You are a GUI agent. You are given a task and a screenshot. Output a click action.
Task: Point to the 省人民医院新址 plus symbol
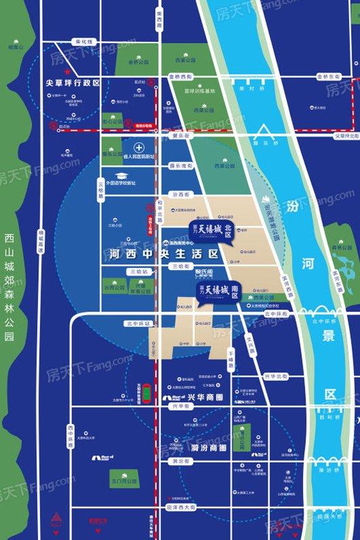pos(138,147)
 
